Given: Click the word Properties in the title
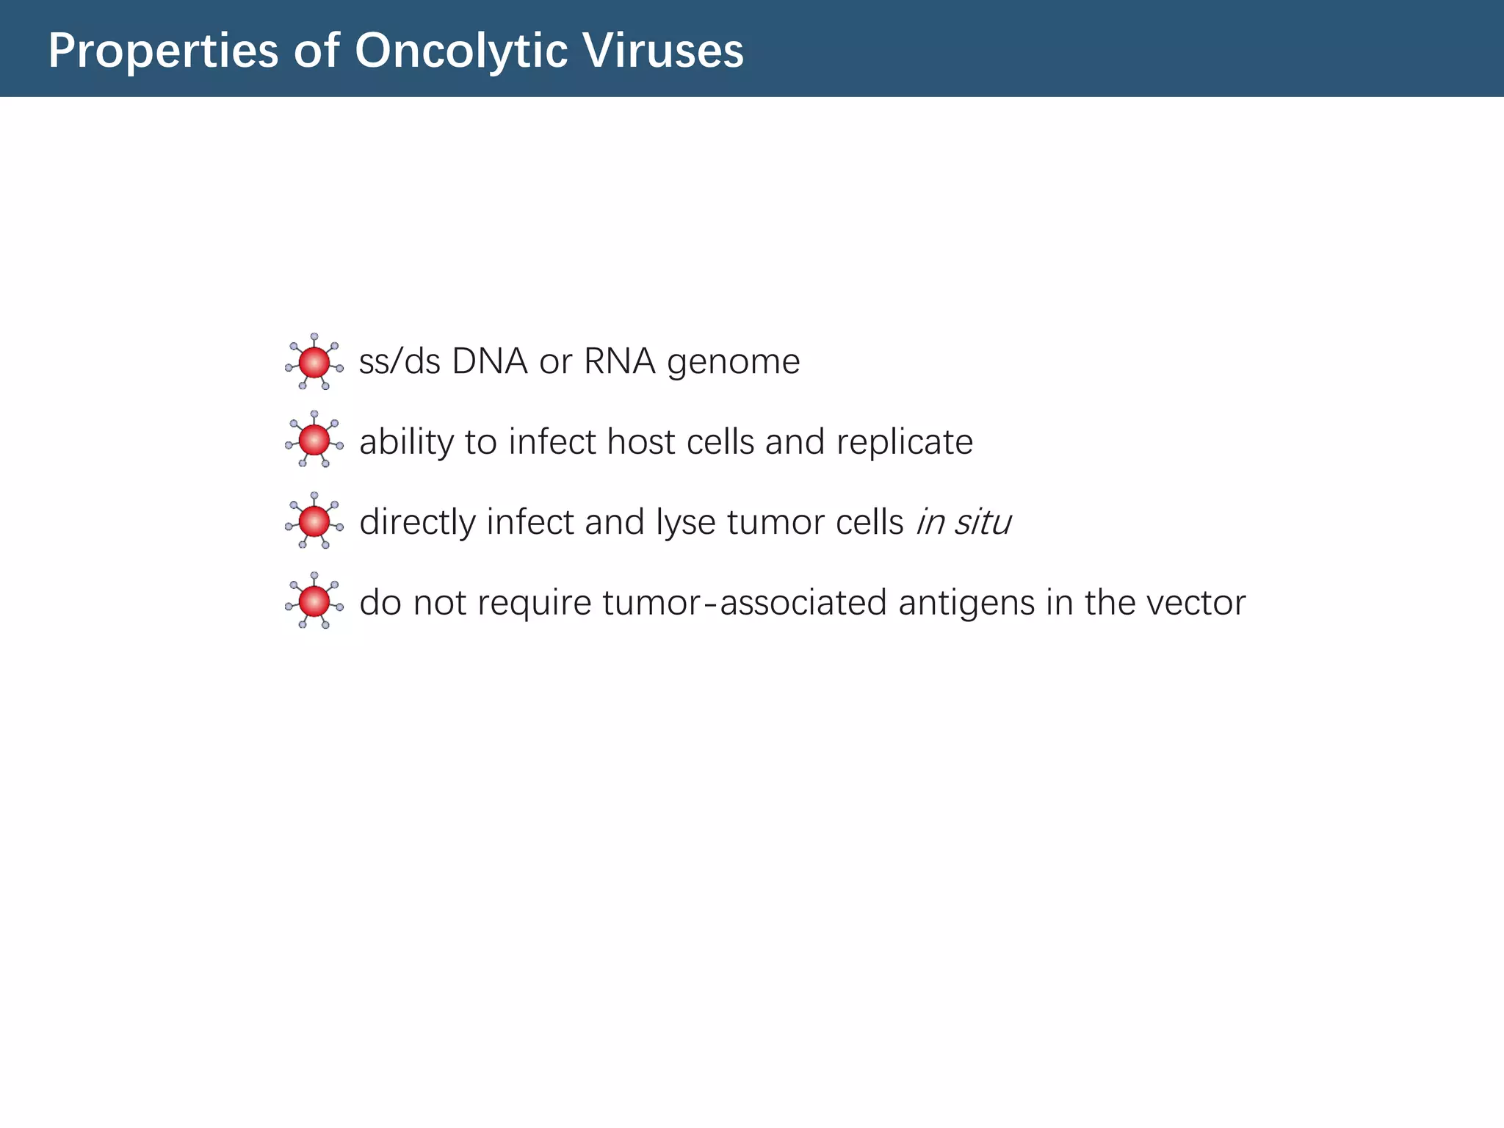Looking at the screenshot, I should (x=163, y=51).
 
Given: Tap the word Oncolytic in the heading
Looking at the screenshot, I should (x=461, y=51).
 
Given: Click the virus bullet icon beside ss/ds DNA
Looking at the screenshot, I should (x=314, y=362).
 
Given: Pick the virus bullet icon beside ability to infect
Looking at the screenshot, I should (x=314, y=440).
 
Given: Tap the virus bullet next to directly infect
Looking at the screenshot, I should (x=314, y=521).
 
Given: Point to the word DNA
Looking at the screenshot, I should (x=490, y=362).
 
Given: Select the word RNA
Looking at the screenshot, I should (x=620, y=362).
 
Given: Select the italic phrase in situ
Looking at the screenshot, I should (x=963, y=523).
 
